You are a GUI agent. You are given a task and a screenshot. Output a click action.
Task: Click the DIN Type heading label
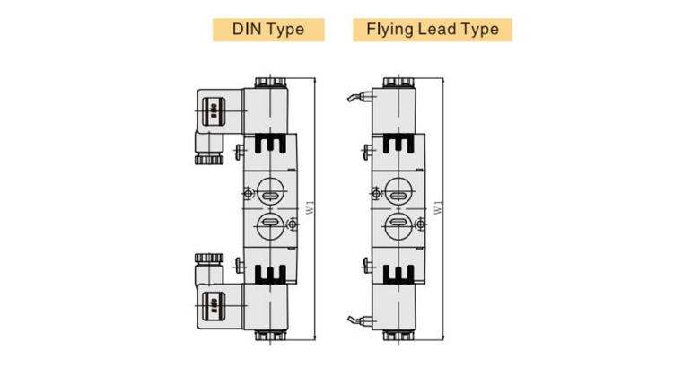[x=268, y=29]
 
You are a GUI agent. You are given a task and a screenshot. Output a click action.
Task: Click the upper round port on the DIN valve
[x=267, y=190]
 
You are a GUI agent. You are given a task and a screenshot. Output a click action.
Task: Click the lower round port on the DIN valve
[x=267, y=224]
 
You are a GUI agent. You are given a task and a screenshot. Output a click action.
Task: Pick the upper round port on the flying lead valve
[x=396, y=190]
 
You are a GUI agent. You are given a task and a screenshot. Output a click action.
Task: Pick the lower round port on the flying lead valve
[x=396, y=224]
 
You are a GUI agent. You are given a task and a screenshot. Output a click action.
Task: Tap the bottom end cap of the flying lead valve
[x=396, y=336]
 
